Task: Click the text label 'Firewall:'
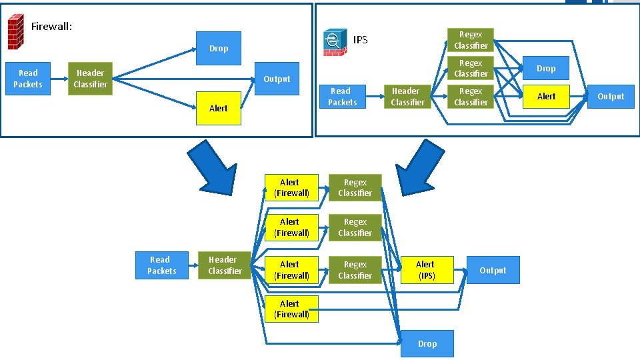(x=51, y=27)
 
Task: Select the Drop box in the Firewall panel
(x=218, y=48)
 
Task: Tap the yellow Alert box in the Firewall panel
(x=218, y=108)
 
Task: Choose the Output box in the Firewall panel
(x=277, y=79)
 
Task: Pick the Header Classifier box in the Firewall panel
(x=90, y=79)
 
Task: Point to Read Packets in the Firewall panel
(x=28, y=79)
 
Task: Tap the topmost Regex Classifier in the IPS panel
(x=471, y=40)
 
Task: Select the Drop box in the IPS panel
(x=545, y=69)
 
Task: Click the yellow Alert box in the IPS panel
(x=545, y=97)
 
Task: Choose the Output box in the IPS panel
(x=610, y=97)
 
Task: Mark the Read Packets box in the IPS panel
(x=342, y=97)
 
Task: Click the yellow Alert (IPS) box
(x=425, y=270)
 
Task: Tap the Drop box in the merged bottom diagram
(x=427, y=344)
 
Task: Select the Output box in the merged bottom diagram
(x=493, y=270)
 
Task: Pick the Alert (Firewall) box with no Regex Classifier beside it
(x=291, y=309)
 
